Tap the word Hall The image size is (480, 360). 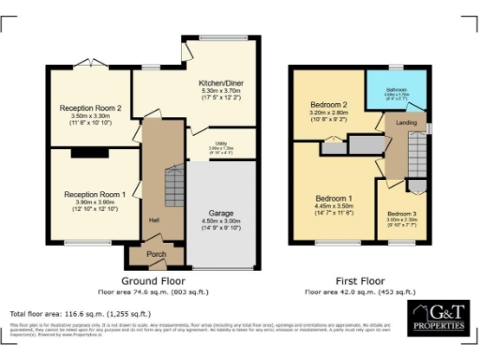(x=152, y=220)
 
